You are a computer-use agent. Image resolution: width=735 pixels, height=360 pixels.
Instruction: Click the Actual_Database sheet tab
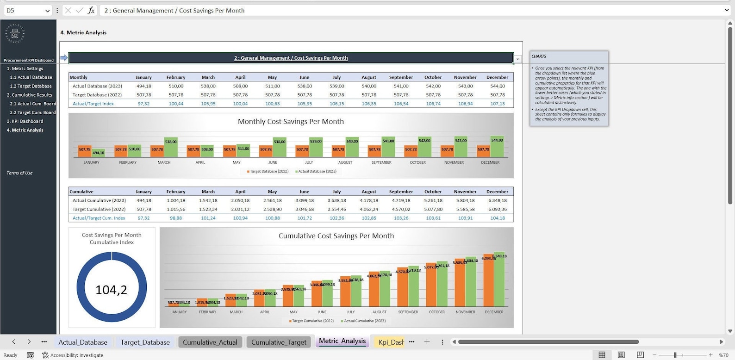pos(82,342)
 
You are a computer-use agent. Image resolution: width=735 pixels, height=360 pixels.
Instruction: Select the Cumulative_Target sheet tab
pos(279,342)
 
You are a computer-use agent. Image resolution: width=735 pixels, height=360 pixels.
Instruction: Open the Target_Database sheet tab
pos(145,342)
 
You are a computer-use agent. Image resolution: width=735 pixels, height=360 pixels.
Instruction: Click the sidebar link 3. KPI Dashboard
pos(25,121)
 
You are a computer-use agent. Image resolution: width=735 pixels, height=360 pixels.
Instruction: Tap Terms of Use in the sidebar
pos(19,173)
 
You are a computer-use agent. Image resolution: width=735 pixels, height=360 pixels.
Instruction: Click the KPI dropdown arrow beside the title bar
pos(518,59)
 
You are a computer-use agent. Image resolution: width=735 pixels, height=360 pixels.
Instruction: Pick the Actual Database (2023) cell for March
pos(208,86)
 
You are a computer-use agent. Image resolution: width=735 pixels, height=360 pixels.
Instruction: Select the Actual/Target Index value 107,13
pos(497,104)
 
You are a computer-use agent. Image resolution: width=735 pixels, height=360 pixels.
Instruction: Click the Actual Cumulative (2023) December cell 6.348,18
pos(497,200)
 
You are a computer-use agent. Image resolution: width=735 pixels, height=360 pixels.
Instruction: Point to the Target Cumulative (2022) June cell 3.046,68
pos(304,209)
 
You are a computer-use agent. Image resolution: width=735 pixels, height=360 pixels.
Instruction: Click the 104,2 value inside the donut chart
pos(111,290)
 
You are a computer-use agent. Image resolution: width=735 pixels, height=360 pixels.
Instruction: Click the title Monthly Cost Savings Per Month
pos(291,121)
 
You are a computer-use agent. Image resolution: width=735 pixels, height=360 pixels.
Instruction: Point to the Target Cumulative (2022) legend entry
pos(312,321)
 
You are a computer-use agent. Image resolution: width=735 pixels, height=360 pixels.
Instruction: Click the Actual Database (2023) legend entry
pos(317,171)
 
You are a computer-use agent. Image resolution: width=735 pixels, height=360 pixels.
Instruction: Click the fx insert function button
pos(91,10)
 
